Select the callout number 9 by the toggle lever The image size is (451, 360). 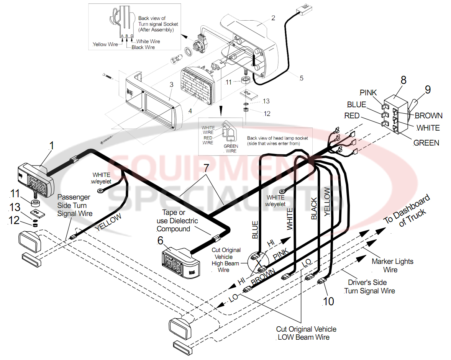point(428,90)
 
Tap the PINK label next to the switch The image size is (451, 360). point(368,93)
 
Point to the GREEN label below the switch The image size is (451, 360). point(426,143)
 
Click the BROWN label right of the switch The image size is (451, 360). point(428,116)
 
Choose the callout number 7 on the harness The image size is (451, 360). point(206,167)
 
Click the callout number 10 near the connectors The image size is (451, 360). point(328,301)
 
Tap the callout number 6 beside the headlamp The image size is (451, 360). point(160,241)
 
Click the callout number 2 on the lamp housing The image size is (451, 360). point(273,18)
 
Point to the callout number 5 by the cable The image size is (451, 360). point(301,78)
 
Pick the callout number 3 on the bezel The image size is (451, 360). point(172,84)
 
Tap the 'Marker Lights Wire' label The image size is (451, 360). point(392,265)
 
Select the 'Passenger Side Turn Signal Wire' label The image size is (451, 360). point(75,205)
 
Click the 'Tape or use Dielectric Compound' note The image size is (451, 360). point(177,221)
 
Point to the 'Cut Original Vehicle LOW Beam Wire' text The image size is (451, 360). point(306,333)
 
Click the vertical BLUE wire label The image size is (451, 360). point(255,230)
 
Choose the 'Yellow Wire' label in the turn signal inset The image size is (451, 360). point(105,44)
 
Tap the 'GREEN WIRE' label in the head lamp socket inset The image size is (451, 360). point(231,149)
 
